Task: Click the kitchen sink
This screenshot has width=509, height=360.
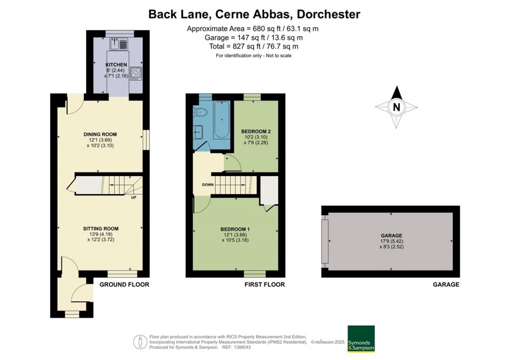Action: tap(119, 44)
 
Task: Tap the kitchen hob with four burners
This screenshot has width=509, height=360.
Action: tap(135, 74)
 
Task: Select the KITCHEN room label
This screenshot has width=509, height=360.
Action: tap(116, 65)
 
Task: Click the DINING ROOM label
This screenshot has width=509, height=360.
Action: tap(100, 134)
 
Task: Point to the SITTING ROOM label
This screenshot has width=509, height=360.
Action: tap(100, 229)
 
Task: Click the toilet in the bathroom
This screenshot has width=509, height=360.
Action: tap(201, 112)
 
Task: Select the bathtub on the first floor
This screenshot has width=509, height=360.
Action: tap(222, 120)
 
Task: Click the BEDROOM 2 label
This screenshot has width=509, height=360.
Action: tap(255, 131)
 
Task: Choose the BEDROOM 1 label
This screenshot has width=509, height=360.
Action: tap(235, 229)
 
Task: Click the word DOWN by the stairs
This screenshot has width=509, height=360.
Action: tap(208, 184)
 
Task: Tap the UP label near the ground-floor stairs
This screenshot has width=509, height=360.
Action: tap(133, 197)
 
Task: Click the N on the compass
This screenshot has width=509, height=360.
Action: tap(396, 107)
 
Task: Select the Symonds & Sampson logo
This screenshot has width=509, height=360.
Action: tap(361, 339)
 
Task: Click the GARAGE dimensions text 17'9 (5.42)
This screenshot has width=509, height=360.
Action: tap(392, 242)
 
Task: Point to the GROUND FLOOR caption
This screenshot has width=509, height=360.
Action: tap(124, 285)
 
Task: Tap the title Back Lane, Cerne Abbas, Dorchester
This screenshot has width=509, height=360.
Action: tap(254, 14)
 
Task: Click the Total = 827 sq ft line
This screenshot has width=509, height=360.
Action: tap(254, 46)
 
